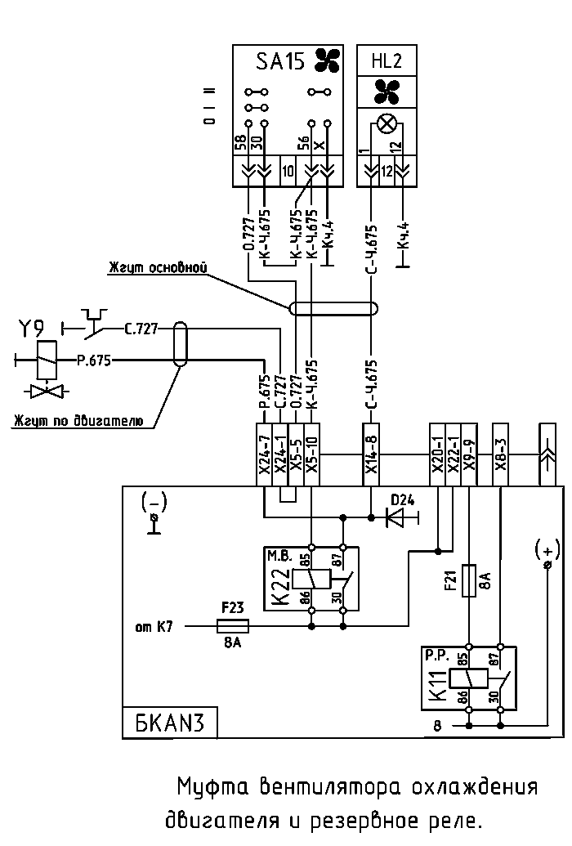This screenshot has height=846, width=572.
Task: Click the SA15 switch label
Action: coord(280,61)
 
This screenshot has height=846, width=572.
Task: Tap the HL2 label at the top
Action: coord(387,60)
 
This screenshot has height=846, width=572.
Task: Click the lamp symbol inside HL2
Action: coord(387,124)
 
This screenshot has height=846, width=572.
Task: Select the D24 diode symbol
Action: coord(396,518)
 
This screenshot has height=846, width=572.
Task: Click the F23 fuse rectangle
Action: coord(233,626)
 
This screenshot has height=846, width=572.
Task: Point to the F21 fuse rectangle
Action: coord(469,580)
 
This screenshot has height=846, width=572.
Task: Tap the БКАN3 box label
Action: coord(170,723)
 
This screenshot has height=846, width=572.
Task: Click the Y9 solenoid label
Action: coord(32,328)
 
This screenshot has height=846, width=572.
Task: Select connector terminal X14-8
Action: coord(371,454)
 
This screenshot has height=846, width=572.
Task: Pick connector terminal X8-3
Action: coord(501,454)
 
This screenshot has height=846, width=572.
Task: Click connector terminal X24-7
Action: coord(264,454)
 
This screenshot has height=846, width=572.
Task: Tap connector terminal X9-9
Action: coord(469,454)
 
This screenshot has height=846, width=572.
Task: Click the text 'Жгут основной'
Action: coord(158,267)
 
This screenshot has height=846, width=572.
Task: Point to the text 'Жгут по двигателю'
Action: coord(78,420)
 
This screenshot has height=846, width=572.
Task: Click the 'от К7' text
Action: coord(154,627)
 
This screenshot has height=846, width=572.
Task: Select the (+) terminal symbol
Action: coord(547,554)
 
